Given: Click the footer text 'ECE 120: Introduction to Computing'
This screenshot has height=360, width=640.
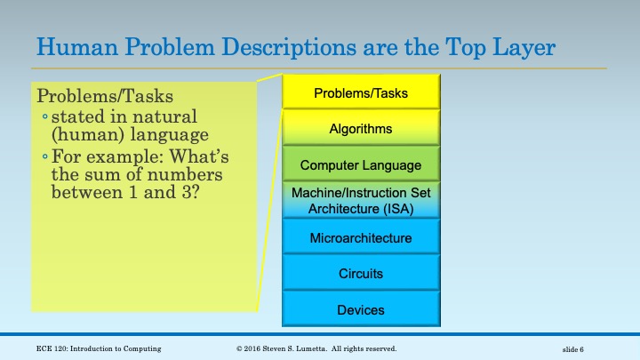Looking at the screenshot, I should click(x=100, y=348).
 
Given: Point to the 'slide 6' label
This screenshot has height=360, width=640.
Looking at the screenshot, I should click(x=579, y=349).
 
